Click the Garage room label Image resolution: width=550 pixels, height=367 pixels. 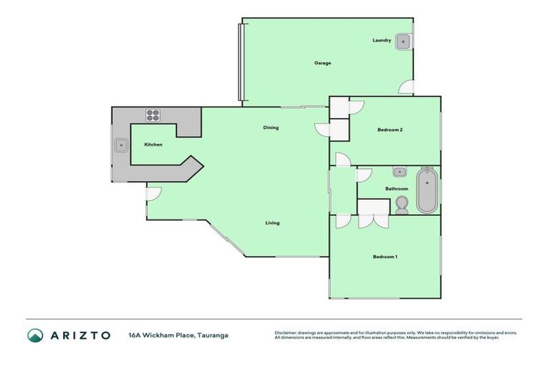[x=322, y=63]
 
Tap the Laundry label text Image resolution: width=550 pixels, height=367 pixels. [x=382, y=40]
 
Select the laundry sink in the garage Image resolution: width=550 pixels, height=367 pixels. [x=404, y=41]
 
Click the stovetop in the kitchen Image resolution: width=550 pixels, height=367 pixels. [x=153, y=113]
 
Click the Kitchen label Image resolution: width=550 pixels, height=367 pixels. [x=153, y=145]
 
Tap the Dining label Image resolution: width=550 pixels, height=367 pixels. [x=271, y=128]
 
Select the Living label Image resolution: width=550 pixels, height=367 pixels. [x=272, y=223]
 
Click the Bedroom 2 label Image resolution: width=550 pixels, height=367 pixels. [x=390, y=130]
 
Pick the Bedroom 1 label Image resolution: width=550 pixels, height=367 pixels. [x=385, y=257]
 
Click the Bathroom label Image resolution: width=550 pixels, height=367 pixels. [x=397, y=189]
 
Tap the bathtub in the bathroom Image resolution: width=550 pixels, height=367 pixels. [x=426, y=191]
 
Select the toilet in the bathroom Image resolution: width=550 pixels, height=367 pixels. [x=402, y=205]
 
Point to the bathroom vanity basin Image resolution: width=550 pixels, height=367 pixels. [x=398, y=172]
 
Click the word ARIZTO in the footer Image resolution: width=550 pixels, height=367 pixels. [x=80, y=335]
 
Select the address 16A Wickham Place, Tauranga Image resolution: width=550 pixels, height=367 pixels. [x=178, y=335]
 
